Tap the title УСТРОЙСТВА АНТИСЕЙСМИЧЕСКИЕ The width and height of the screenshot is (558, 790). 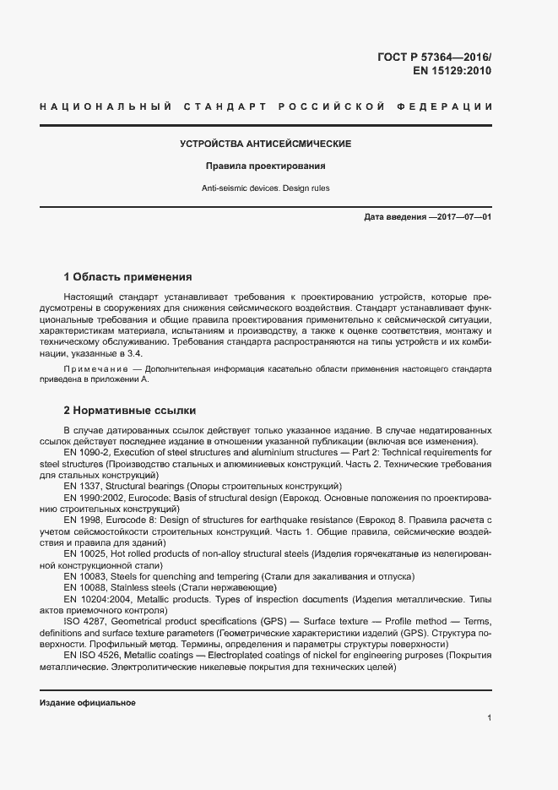click(266, 144)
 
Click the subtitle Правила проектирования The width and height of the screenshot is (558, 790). click(266, 166)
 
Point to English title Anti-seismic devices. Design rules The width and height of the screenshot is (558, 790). click(266, 188)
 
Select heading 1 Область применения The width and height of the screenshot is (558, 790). click(128, 277)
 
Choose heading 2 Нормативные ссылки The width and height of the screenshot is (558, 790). click(130, 411)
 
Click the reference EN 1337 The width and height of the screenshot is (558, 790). click(84, 486)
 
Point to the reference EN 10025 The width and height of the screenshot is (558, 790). click(85, 553)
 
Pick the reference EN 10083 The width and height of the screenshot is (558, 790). click(85, 575)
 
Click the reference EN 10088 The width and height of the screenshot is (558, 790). click(85, 586)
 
